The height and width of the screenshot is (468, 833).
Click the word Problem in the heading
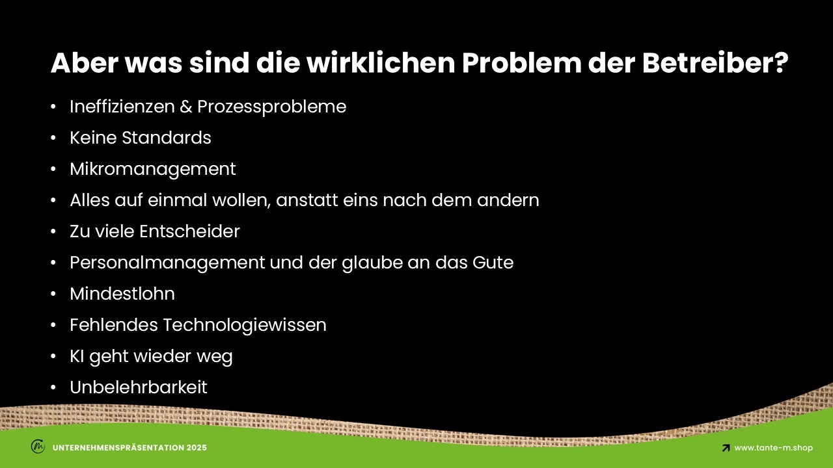521,63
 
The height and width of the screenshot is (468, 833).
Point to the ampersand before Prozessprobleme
186,107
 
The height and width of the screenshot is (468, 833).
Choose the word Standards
167,137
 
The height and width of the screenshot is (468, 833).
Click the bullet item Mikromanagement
153,170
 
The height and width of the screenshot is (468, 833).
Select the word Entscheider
189,231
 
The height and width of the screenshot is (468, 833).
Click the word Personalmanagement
167,263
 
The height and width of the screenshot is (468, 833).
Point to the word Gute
493,262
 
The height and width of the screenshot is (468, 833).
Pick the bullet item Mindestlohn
122,293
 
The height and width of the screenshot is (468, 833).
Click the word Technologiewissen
245,326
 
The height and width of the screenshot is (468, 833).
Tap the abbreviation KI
77,356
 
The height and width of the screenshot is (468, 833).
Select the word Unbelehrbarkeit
139,387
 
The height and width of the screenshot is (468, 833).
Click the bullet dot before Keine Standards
53,138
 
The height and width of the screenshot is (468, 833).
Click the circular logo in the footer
38,446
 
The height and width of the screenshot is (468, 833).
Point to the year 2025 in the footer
197,448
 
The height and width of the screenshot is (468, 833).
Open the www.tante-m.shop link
774,448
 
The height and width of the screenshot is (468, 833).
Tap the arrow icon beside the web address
726,448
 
